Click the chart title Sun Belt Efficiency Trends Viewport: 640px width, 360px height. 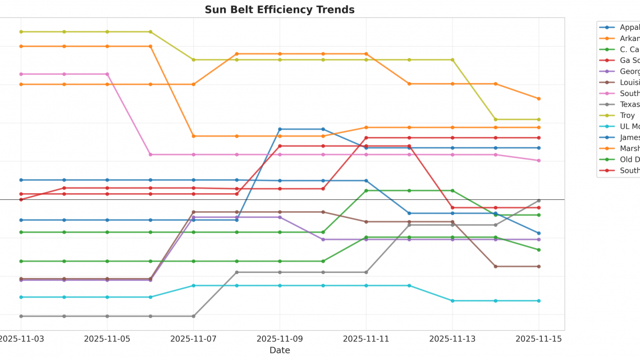tap(280, 10)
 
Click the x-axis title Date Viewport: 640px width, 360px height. tap(280, 350)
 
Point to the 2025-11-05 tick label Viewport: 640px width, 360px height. tap(107, 339)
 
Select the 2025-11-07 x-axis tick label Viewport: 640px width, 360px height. tap(194, 339)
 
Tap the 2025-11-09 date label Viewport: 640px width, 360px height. tap(280, 339)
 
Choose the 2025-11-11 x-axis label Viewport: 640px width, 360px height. tap(367, 339)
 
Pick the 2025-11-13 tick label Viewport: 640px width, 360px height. tap(452, 339)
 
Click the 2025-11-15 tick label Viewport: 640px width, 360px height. tap(539, 339)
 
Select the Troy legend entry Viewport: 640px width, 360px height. tap(627, 115)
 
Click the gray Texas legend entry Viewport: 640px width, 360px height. tap(629, 104)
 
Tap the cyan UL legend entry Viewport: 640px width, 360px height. tap(629, 126)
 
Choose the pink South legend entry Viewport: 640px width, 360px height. tap(629, 93)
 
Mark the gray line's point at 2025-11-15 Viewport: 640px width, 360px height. tap(539, 200)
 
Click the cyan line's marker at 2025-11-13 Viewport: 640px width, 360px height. tap(452, 301)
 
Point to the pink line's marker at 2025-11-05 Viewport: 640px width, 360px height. tap(107, 74)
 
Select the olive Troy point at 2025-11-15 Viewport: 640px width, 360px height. tap(539, 120)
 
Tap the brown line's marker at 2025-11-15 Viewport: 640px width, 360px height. tap(539, 267)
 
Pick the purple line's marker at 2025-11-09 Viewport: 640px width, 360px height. tap(280, 217)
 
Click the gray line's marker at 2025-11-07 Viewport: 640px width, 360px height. tap(194, 316)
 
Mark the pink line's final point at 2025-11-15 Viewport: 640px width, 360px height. tap(539, 161)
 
